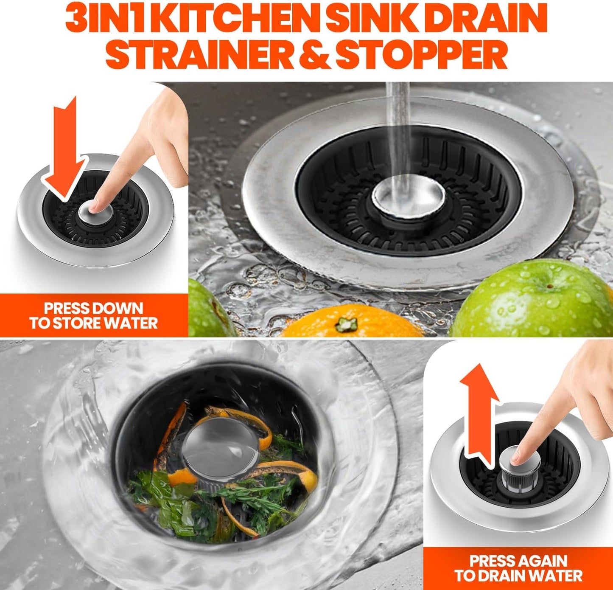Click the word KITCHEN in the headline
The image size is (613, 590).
coord(239,19)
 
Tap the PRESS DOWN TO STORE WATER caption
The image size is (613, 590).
coord(93,315)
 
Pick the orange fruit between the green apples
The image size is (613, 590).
coord(352,323)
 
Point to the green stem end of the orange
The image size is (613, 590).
coord(347,325)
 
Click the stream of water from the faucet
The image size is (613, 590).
coord(397,127)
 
